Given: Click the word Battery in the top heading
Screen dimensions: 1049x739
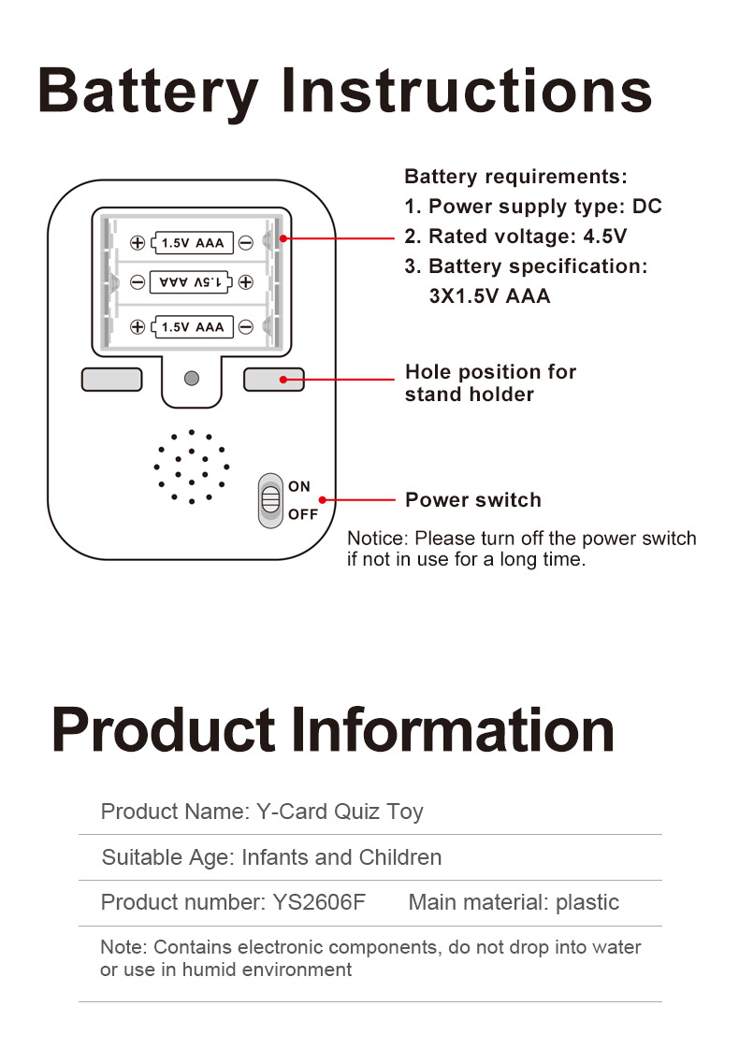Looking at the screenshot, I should pyautogui.click(x=148, y=93).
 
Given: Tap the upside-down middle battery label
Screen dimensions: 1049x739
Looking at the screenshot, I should pyautogui.click(x=192, y=281).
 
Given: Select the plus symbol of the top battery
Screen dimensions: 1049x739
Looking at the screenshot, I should pyautogui.click(x=138, y=244).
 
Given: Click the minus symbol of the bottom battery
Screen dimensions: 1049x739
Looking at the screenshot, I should pyautogui.click(x=245, y=326).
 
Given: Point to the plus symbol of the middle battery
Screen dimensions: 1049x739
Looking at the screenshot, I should pyautogui.click(x=245, y=281).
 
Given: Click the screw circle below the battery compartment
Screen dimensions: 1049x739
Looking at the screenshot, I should pyautogui.click(x=192, y=379).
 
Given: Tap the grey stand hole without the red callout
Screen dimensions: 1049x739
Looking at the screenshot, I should pyautogui.click(x=111, y=380).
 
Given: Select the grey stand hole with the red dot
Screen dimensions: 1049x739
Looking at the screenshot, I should pyautogui.click(x=273, y=380).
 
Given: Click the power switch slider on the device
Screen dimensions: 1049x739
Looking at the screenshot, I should pyautogui.click(x=270, y=500).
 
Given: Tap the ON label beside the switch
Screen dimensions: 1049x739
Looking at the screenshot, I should pyautogui.click(x=299, y=486).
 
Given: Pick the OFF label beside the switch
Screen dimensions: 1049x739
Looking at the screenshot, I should pyautogui.click(x=303, y=514).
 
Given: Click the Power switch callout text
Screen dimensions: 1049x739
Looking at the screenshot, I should pyautogui.click(x=472, y=500).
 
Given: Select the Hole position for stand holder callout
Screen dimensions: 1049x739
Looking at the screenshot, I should pyautogui.click(x=490, y=383).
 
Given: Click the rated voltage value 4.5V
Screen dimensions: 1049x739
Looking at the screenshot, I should pyautogui.click(x=605, y=237).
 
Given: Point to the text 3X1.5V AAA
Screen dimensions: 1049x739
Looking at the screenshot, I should pyautogui.click(x=489, y=296).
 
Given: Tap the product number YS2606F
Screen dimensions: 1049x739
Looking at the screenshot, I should pyautogui.click(x=319, y=902).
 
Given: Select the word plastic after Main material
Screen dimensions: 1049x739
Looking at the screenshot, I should pyautogui.click(x=587, y=902).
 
